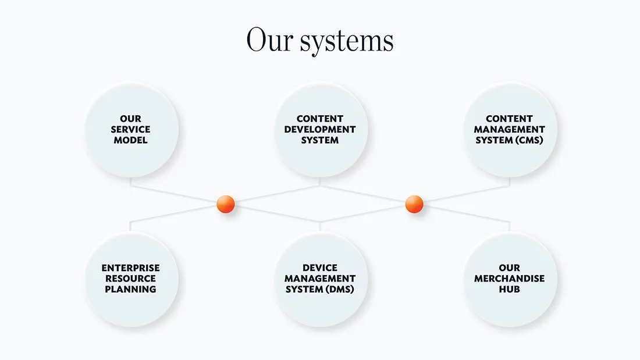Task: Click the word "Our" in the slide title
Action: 269,40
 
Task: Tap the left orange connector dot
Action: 225,204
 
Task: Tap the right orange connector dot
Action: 414,204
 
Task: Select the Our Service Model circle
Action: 131,130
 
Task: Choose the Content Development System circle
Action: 320,130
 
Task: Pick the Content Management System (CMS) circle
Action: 509,130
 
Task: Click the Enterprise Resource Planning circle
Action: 131,279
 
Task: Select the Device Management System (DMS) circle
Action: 320,279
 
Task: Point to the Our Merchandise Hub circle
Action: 509,279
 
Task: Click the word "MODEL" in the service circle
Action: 131,140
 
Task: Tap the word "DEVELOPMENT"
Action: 320,129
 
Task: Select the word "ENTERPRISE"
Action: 131,268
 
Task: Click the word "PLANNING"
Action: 131,289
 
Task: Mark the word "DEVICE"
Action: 320,268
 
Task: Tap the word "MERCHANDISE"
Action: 509,279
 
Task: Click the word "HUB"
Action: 509,289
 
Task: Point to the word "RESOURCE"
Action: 131,279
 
